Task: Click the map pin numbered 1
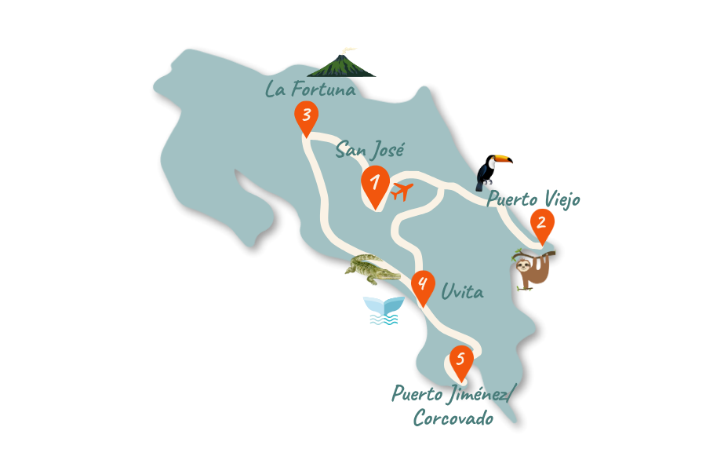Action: tap(375, 184)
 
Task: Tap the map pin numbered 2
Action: tap(540, 222)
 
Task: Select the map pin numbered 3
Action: tap(306, 116)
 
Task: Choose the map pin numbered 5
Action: tap(460, 359)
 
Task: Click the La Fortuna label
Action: tap(311, 89)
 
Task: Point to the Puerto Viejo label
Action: tap(533, 199)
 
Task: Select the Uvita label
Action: tap(462, 293)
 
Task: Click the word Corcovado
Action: tap(453, 418)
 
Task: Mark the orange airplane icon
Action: tap(402, 191)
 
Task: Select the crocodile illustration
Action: tap(373, 268)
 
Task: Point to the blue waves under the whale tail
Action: tap(383, 319)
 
